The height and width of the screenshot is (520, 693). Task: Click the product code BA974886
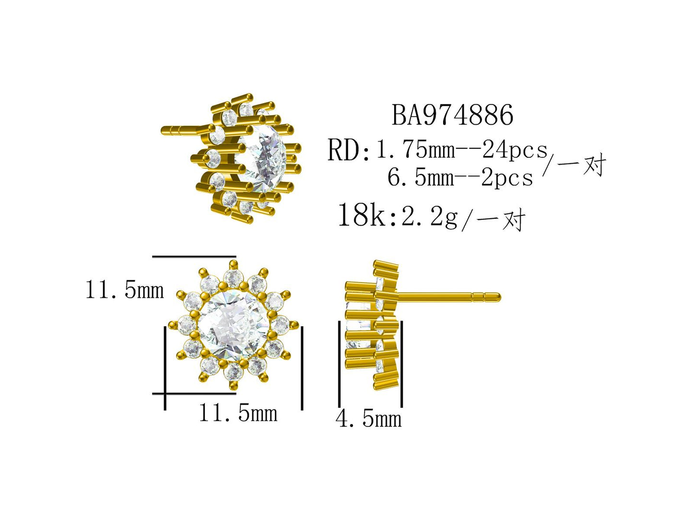[452, 115]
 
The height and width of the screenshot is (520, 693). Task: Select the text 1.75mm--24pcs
[461, 150]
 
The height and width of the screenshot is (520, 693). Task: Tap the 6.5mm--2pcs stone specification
[460, 177]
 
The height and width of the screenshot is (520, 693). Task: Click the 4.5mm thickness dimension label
[368, 418]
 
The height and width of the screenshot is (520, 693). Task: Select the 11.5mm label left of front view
[124, 290]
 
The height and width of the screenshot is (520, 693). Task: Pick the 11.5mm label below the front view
[238, 413]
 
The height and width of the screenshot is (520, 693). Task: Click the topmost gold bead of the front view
[234, 263]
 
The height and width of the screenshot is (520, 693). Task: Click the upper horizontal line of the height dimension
[194, 257]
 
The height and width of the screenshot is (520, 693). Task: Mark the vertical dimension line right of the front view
[302, 367]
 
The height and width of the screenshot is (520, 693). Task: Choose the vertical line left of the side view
[340, 365]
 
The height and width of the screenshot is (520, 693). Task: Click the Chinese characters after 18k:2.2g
[501, 220]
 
